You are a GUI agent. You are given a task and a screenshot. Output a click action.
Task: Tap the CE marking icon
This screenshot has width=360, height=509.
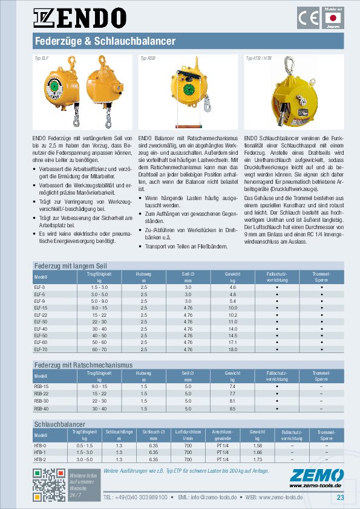307,18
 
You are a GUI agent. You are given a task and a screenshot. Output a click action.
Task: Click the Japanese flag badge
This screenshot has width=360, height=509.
332,18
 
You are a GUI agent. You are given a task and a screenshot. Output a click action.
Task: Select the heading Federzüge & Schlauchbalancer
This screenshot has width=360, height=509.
104,41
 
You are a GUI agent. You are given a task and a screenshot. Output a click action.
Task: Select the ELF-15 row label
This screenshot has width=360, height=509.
41,308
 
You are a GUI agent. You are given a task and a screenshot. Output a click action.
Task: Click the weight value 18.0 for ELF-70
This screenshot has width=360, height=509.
233,349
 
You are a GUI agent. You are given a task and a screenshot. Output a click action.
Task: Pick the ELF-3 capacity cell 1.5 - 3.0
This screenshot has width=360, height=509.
99,287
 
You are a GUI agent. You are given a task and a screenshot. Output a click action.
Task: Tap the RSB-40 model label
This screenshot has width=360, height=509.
42,409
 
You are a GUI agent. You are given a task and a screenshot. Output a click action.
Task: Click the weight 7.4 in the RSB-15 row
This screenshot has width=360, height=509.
233,386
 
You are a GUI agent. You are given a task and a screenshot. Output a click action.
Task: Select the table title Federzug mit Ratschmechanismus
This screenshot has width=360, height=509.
83,365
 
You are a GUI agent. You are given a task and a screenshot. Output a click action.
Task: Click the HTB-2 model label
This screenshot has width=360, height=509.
41,459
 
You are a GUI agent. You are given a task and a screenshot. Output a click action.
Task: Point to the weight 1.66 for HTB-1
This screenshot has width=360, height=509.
258,452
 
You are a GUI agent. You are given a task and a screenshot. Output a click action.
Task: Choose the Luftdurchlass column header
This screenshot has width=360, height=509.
188,435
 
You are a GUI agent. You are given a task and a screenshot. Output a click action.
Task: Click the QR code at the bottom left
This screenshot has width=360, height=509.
49,485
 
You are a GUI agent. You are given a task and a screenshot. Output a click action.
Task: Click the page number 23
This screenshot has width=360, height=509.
340,498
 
